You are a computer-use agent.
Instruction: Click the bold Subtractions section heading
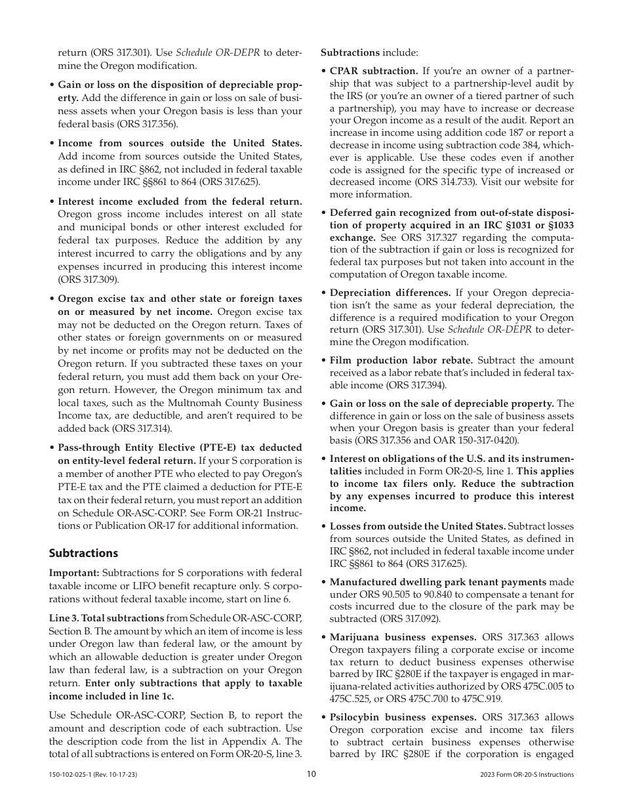(x=83, y=553)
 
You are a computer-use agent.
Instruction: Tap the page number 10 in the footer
(x=311, y=774)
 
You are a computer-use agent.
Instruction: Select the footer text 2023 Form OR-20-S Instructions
(x=527, y=775)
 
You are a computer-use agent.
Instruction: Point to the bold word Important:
(x=74, y=573)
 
